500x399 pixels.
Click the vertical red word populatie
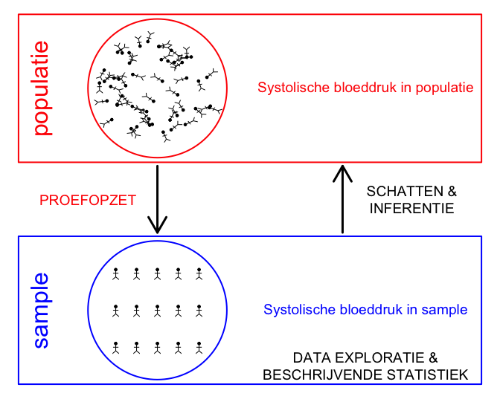[42, 88]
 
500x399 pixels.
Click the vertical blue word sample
[42, 311]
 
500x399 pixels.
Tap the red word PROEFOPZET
[88, 201]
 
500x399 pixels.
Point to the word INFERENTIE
[411, 208]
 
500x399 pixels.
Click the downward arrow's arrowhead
[157, 225]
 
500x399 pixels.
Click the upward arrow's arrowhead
[342, 174]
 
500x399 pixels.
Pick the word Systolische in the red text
[293, 88]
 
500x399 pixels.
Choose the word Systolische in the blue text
[299, 310]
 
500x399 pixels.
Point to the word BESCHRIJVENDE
[322, 374]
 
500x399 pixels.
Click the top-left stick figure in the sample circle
[116, 274]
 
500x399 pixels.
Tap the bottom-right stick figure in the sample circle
[199, 348]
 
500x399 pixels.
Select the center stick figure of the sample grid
[157, 311]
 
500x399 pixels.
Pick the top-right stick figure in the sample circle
[199, 274]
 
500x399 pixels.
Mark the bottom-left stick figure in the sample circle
[116, 348]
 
